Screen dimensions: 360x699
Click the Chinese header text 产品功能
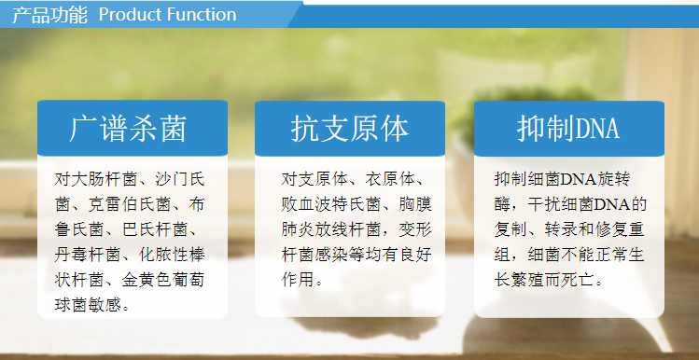tap(48, 14)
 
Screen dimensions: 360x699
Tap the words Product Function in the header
tap(167, 14)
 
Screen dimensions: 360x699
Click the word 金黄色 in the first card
tap(153, 279)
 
